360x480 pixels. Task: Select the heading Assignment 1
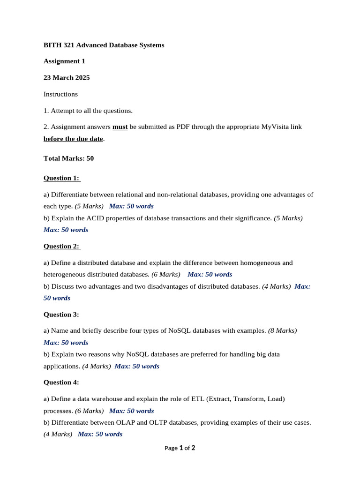point(64,61)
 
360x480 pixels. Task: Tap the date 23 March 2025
point(67,77)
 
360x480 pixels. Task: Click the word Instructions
point(60,94)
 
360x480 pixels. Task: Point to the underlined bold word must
point(120,127)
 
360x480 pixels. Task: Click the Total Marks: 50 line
point(68,158)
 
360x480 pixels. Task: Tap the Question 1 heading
point(61,178)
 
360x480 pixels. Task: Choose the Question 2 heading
point(61,246)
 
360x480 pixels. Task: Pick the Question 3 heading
point(61,314)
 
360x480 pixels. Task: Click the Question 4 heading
point(61,382)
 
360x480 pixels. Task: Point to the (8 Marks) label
point(282,330)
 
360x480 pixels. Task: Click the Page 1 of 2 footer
point(180,448)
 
